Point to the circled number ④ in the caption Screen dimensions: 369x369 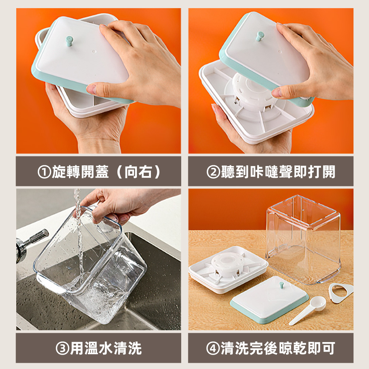coord(213,348)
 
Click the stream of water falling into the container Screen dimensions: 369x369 coord(79,236)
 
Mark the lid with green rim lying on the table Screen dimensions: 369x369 coord(269,299)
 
